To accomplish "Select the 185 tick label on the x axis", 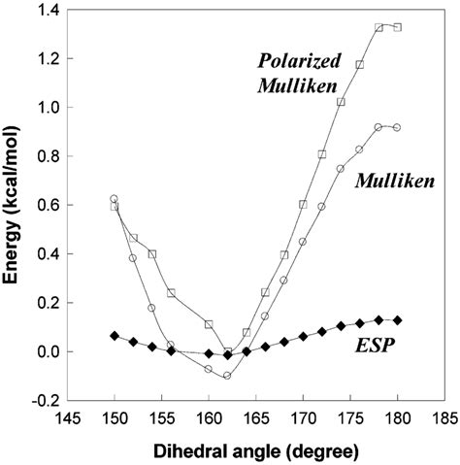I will pyautogui.click(x=444, y=421).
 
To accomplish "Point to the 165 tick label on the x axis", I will pyautogui.click(x=256, y=421).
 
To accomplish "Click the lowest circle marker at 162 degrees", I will pyautogui.click(x=227, y=375).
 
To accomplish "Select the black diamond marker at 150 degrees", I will pyautogui.click(x=115, y=335).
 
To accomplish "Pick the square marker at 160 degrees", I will pyautogui.click(x=209, y=324).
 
